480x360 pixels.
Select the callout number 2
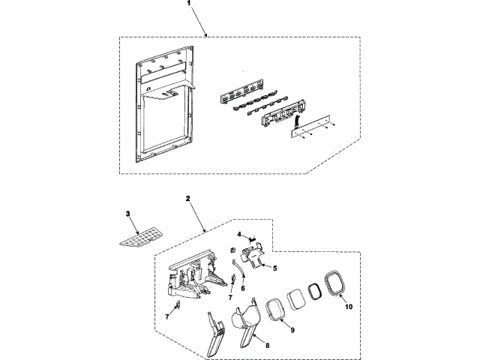coord(188,200)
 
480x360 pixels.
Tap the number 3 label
coord(128,214)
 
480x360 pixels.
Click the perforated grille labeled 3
coord(142,236)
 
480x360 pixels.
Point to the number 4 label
coord(239,235)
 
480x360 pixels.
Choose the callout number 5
coord(274,268)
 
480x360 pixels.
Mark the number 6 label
coord(241,287)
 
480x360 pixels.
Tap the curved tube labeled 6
coord(235,266)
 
